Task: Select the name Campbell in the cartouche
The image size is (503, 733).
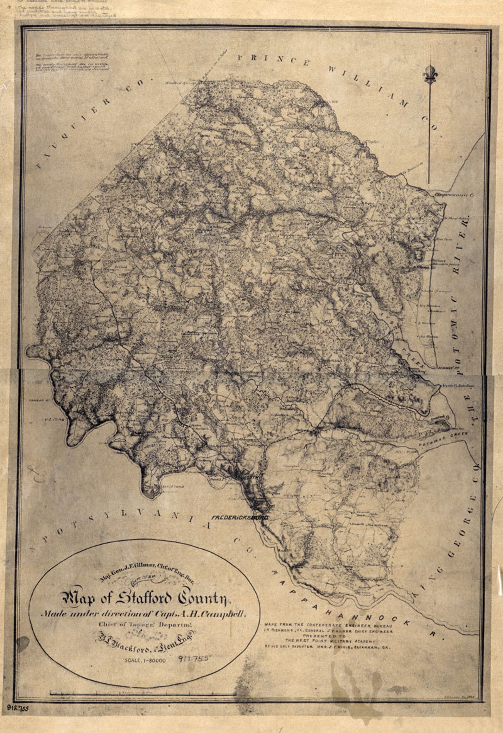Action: pyautogui.click(x=223, y=614)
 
